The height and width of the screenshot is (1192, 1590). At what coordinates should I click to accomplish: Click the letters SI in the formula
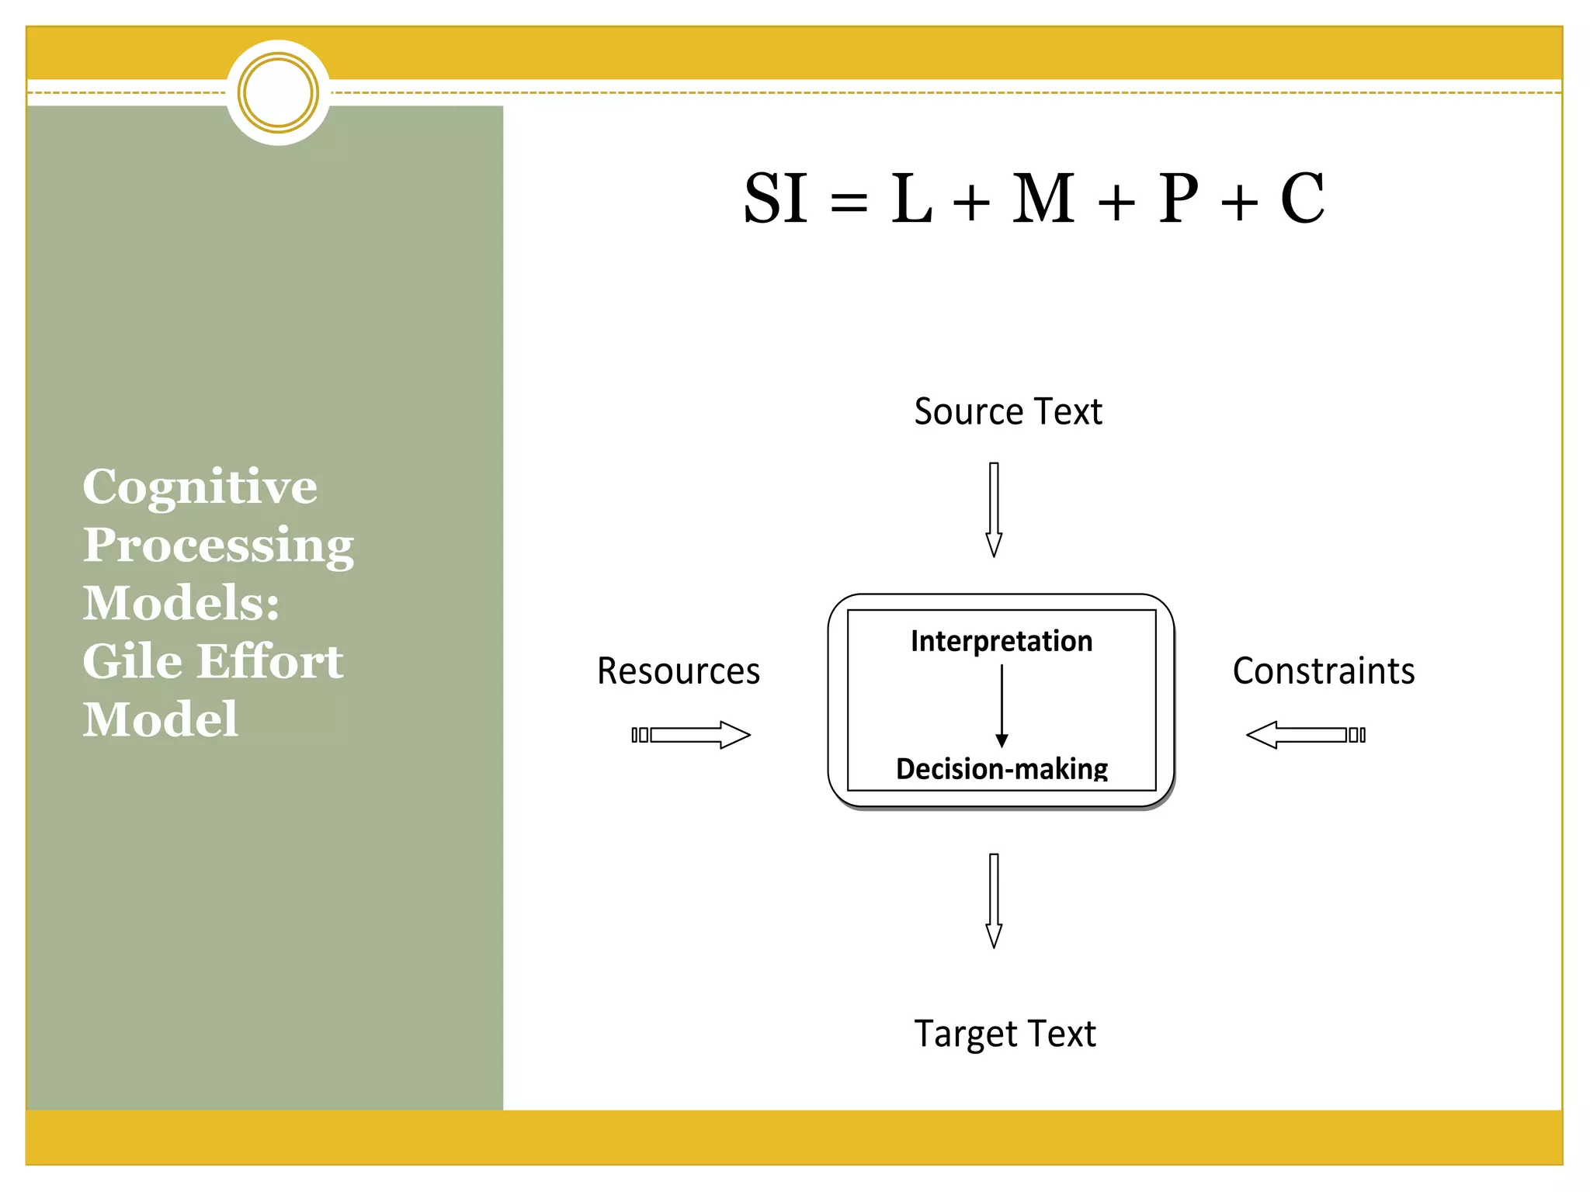click(x=775, y=199)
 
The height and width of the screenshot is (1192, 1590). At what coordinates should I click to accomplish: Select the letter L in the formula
click(x=911, y=199)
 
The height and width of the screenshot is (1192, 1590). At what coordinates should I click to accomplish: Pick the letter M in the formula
click(x=1043, y=199)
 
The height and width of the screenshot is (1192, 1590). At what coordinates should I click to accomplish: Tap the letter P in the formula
click(x=1178, y=199)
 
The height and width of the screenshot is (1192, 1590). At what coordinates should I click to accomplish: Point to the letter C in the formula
click(x=1302, y=199)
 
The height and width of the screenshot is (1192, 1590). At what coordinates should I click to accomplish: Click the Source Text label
click(x=1008, y=411)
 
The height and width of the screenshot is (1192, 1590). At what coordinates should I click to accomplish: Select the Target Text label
click(x=1005, y=1034)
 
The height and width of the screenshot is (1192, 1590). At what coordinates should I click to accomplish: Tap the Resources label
click(x=678, y=671)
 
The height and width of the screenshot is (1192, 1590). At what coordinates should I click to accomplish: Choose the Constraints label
click(x=1323, y=671)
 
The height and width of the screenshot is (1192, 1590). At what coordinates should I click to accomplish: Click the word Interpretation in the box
click(x=1002, y=642)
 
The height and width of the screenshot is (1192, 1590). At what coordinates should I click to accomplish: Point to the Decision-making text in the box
click(x=1002, y=768)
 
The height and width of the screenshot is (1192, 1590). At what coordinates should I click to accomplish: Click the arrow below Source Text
click(x=994, y=509)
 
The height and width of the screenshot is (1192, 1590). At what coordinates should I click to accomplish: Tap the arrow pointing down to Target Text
click(x=994, y=900)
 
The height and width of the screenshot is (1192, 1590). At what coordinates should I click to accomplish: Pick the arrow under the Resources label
click(x=691, y=735)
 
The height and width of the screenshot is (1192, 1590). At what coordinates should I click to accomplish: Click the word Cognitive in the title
click(x=200, y=487)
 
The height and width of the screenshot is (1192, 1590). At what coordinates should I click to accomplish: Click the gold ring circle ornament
click(x=278, y=93)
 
